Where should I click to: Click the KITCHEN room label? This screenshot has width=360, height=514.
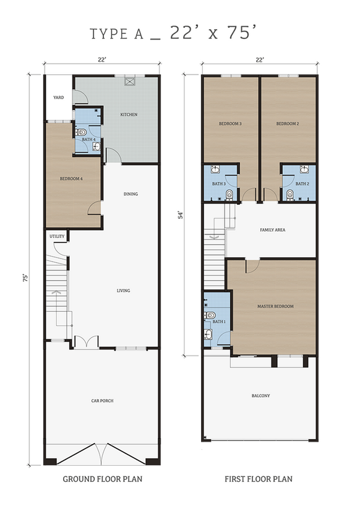point(129,114)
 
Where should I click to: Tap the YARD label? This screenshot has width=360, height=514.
point(58,97)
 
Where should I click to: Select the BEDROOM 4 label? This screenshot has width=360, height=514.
point(71,179)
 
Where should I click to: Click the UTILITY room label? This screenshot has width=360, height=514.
point(57,236)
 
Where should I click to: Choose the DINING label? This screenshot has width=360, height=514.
point(131,194)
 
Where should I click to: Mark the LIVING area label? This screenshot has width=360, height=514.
point(123,291)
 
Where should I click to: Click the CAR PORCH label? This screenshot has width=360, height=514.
point(102,401)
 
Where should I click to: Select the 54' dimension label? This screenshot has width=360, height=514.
point(181,215)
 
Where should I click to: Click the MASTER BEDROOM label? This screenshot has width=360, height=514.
point(275,306)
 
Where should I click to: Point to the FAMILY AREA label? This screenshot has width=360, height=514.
point(272,230)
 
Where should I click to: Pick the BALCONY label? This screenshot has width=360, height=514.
point(260,396)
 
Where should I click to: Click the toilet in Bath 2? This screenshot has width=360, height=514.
point(290,195)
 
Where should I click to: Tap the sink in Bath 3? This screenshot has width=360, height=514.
point(215,169)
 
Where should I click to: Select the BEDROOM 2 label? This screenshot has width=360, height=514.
point(288,124)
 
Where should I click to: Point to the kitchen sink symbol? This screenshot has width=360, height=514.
point(130,80)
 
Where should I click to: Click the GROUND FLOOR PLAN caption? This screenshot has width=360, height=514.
point(103,479)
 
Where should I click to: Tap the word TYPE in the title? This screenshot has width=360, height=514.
point(108,34)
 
